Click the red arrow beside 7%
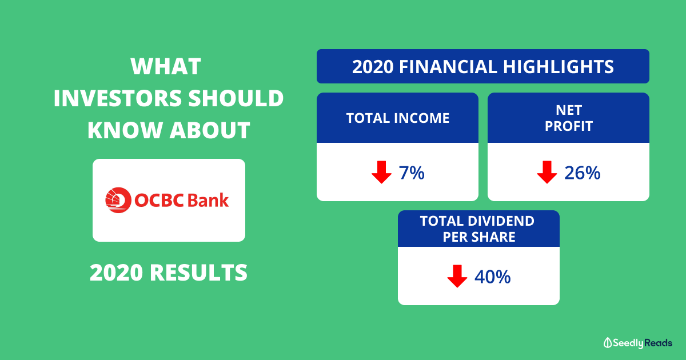[381, 172]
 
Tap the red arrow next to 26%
[547, 172]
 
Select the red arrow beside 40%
[457, 276]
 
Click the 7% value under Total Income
[412, 173]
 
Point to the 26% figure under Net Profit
[582, 173]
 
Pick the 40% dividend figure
[492, 277]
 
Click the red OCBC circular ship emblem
[118, 200]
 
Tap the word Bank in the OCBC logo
[208, 201]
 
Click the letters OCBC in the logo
[159, 201]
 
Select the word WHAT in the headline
[166, 66]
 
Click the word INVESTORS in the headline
[118, 98]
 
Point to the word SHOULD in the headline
[236, 98]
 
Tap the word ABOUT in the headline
[210, 130]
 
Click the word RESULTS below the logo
[198, 273]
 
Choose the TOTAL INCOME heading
[398, 118]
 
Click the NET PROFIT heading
[569, 118]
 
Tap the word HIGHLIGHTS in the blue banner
[559, 67]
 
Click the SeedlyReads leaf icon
[608, 343]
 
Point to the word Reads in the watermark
[659, 343]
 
